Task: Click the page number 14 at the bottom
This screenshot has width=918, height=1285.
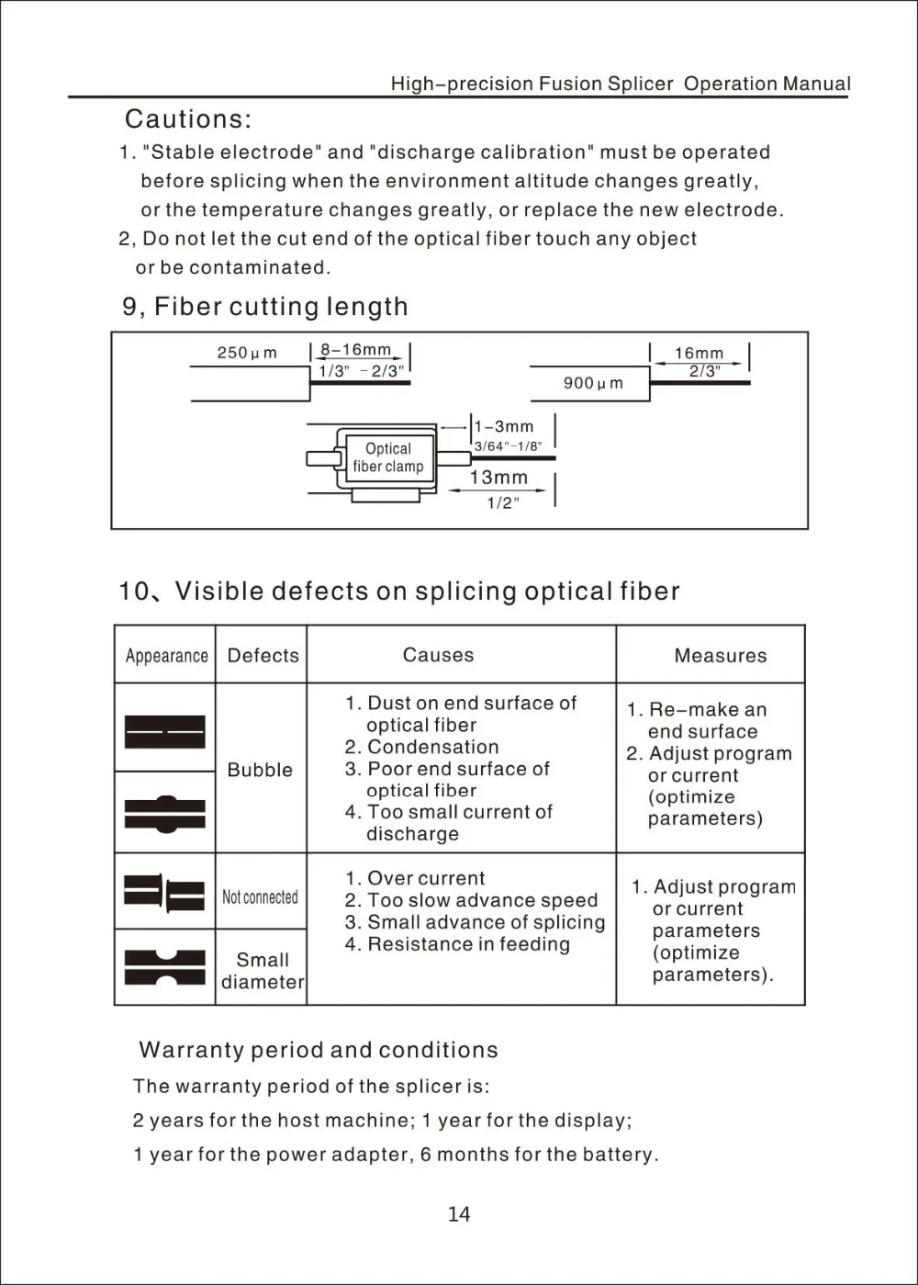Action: (x=459, y=1214)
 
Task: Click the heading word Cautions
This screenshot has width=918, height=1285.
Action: (x=187, y=119)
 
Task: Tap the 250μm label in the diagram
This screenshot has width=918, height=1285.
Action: (x=246, y=353)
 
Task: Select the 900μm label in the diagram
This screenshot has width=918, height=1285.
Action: (x=593, y=383)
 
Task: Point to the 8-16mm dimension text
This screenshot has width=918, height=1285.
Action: (x=355, y=350)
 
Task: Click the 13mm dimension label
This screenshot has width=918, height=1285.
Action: (x=498, y=478)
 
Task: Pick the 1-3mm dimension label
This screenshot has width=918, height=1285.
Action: (x=502, y=427)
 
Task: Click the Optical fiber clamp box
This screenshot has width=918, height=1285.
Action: (x=387, y=457)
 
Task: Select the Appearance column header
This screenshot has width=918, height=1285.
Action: (x=166, y=656)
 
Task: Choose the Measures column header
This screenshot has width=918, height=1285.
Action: (x=720, y=656)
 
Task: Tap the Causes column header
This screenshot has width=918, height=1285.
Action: (x=438, y=655)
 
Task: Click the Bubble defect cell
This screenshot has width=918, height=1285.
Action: (x=260, y=770)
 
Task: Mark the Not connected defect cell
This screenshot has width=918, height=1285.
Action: (x=260, y=896)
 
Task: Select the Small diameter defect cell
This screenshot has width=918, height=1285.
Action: (x=263, y=971)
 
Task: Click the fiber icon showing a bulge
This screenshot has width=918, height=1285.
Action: (x=165, y=813)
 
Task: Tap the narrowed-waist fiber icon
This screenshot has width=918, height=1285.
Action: (x=165, y=967)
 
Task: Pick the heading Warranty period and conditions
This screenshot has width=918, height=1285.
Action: (x=318, y=1050)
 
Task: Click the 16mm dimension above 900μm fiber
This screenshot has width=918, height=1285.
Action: (x=699, y=353)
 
